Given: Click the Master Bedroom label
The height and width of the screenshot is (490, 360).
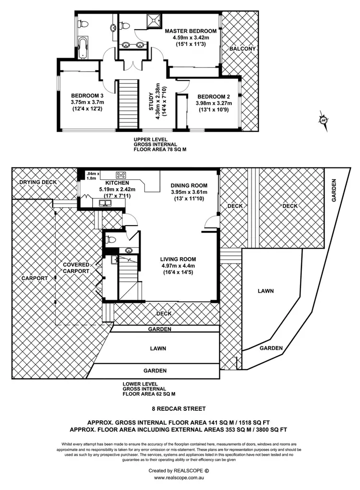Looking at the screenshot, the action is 191,32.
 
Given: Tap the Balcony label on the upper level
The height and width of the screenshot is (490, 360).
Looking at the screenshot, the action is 242,49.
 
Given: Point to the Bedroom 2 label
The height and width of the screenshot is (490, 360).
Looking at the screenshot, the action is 214,96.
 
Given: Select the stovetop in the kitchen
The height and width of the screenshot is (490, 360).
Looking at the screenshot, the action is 120,175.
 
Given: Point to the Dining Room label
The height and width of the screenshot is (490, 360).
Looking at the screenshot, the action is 189,186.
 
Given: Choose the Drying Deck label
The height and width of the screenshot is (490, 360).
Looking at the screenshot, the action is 38,182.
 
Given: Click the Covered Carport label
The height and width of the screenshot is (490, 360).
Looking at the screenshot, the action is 76,268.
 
